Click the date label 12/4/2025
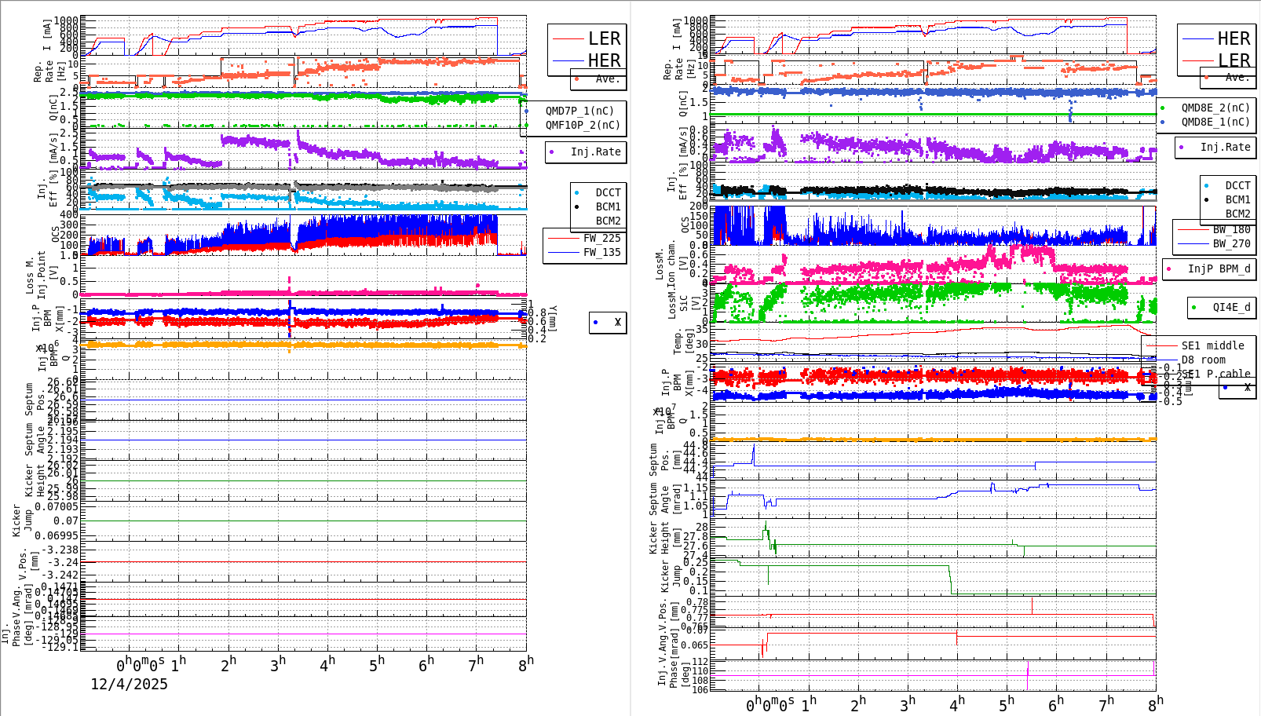coord(129,684)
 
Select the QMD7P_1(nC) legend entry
coord(579,111)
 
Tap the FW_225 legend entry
coord(601,238)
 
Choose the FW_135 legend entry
coord(601,252)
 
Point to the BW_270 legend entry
coord(1231,243)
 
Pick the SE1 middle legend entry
coord(1212,345)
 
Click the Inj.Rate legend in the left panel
coord(595,152)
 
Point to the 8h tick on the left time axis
coord(525,664)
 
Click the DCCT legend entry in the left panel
coord(608,192)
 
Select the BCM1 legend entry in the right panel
coord(1237,199)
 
